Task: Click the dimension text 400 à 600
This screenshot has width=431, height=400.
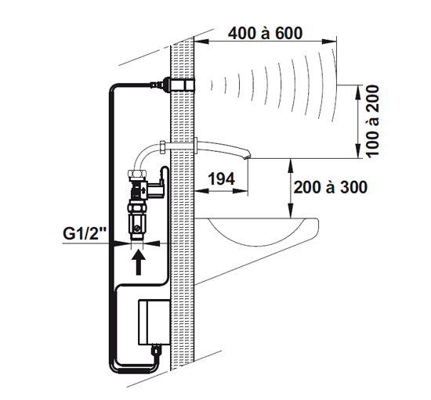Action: click(265, 33)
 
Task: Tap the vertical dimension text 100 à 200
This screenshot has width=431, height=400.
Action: click(372, 121)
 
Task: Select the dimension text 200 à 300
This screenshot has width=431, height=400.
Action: click(331, 188)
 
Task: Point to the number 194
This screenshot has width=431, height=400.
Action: click(221, 178)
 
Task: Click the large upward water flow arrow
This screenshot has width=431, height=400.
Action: click(139, 263)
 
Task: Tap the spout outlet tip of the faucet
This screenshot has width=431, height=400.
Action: click(248, 157)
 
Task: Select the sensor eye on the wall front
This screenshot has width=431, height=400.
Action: click(190, 85)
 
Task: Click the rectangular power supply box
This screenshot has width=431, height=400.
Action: click(154, 322)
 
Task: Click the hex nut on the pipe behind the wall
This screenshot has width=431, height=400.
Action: click(162, 147)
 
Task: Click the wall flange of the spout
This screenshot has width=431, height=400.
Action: click(196, 146)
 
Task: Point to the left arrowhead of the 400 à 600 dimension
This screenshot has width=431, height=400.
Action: click(201, 41)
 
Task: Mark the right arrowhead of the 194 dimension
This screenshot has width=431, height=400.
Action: click(241, 191)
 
